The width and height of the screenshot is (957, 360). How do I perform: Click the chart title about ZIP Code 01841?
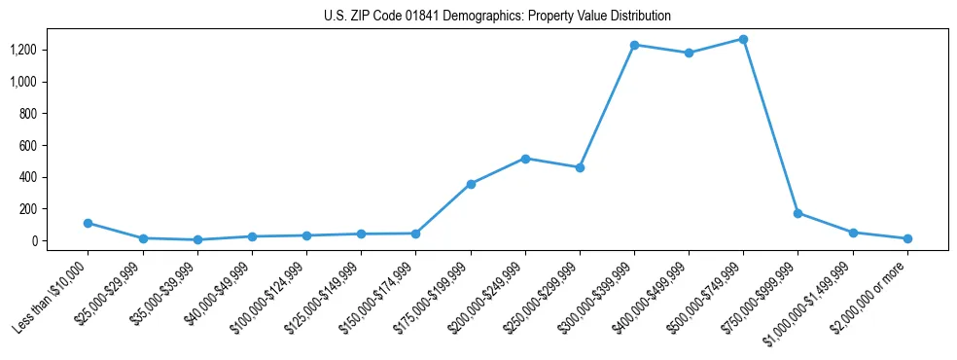pos(497,17)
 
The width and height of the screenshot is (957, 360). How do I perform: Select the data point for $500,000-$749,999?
pos(743,39)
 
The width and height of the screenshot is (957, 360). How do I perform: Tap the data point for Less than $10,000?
pos(89,223)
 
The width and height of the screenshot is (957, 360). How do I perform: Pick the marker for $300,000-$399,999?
pos(634,45)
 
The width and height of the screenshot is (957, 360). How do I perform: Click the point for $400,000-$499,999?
pos(689,53)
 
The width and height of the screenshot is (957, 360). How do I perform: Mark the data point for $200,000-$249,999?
pos(525,158)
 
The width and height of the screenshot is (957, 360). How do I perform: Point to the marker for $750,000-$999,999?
pos(797,213)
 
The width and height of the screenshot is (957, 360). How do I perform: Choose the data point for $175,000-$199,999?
pos(471,184)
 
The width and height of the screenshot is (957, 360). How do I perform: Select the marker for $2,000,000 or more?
pos(907,238)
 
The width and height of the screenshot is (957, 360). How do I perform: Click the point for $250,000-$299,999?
pos(580,167)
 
